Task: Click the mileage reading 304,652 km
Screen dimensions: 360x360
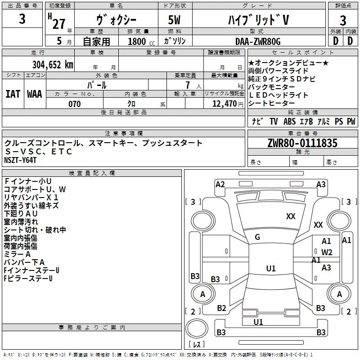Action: click(x=53, y=64)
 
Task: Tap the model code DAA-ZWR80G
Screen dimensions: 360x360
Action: click(x=258, y=41)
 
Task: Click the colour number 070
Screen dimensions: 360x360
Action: click(x=74, y=104)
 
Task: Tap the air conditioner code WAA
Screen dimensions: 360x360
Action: click(x=34, y=94)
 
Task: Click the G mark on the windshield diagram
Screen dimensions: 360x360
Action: click(x=257, y=237)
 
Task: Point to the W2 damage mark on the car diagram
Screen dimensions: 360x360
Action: click(x=327, y=252)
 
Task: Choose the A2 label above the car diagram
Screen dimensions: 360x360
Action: click(x=220, y=184)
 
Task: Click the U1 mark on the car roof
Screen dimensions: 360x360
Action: click(x=270, y=269)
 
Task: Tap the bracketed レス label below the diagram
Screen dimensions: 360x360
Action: click(x=196, y=345)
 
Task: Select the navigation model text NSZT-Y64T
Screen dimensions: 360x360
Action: click(x=20, y=160)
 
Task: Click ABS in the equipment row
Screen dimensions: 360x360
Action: click(x=290, y=121)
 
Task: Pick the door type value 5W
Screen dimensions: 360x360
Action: click(x=175, y=20)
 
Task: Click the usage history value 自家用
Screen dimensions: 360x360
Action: click(x=96, y=41)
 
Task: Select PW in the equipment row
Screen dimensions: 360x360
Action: click(x=351, y=121)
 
